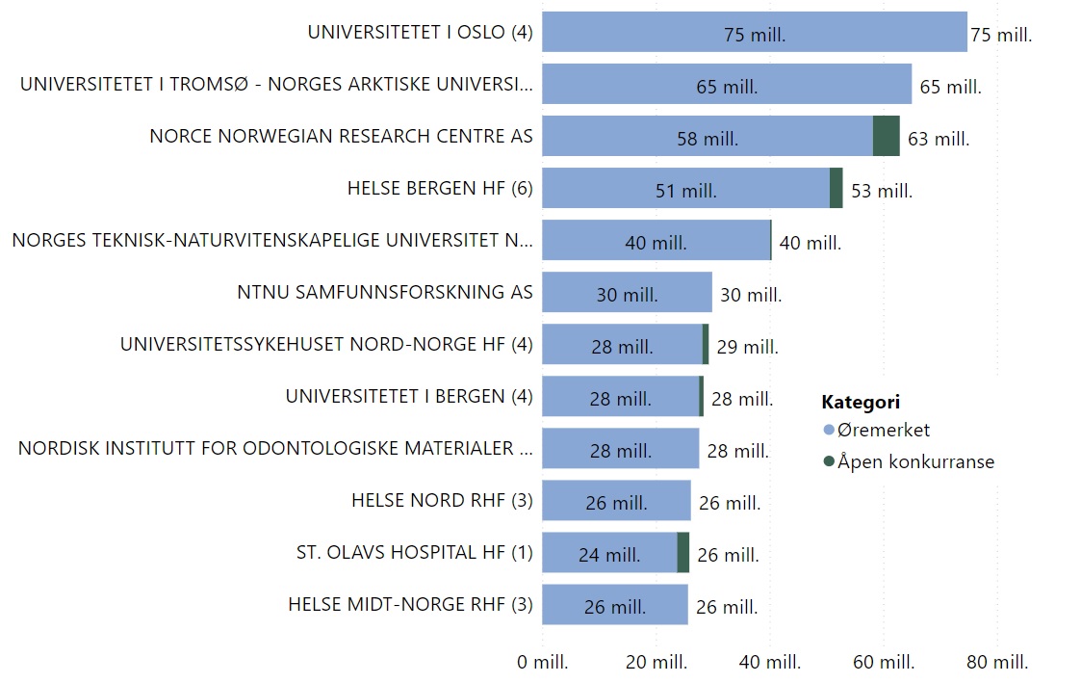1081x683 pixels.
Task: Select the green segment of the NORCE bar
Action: coord(886,136)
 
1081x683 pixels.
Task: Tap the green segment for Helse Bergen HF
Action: coord(836,188)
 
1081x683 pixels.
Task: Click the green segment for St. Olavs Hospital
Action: coord(683,553)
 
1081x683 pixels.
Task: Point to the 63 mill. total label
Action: coord(939,139)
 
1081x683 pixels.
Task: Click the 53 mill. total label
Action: coord(882,191)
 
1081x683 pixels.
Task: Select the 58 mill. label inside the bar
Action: coord(708,139)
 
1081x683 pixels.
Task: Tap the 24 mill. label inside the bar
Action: coord(609,555)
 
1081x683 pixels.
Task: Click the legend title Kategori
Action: coord(860,402)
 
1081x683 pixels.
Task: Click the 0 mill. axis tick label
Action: coord(543,663)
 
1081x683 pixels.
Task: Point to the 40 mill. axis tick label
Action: coord(770,663)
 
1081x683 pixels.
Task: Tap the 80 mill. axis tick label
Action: coord(997,663)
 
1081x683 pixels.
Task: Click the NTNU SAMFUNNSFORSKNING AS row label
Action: coord(385,292)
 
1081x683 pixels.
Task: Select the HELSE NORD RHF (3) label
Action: coord(442,500)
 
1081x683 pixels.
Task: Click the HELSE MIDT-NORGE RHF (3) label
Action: coord(410,604)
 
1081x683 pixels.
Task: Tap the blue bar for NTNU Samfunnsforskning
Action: coord(627,292)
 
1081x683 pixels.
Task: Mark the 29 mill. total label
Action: coord(748,347)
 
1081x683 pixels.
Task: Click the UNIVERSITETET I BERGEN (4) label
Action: coord(409,396)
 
